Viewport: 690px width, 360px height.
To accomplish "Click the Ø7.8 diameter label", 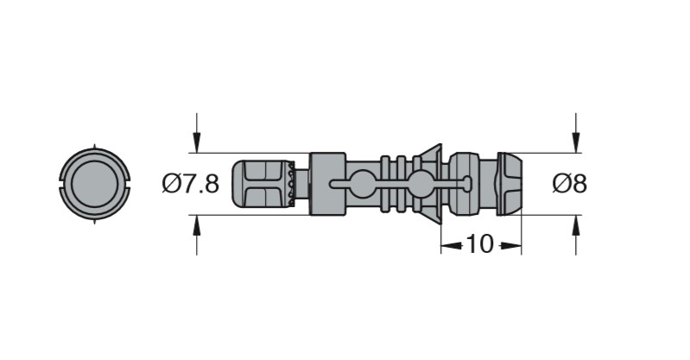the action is point(190,184).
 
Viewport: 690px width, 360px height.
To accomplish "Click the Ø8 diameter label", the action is point(569,184).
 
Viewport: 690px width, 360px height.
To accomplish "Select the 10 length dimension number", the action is point(479,243).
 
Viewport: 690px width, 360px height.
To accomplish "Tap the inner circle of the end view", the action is point(95,184).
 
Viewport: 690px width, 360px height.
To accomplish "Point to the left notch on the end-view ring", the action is point(61,184).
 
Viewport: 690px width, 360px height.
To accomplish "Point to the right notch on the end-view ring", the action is point(128,184).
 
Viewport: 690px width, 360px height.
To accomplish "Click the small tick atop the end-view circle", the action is point(95,146).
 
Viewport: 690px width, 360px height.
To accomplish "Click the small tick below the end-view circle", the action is point(95,221).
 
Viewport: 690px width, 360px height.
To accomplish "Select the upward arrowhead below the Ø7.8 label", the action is point(197,226).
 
